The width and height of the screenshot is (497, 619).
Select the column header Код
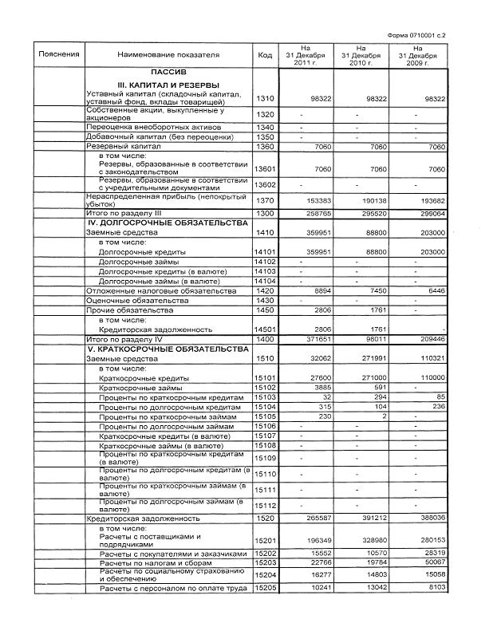(265, 55)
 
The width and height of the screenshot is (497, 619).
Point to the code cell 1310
(265, 98)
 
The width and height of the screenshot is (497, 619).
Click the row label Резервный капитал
(123, 147)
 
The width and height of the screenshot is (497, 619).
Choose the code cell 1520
(265, 518)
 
